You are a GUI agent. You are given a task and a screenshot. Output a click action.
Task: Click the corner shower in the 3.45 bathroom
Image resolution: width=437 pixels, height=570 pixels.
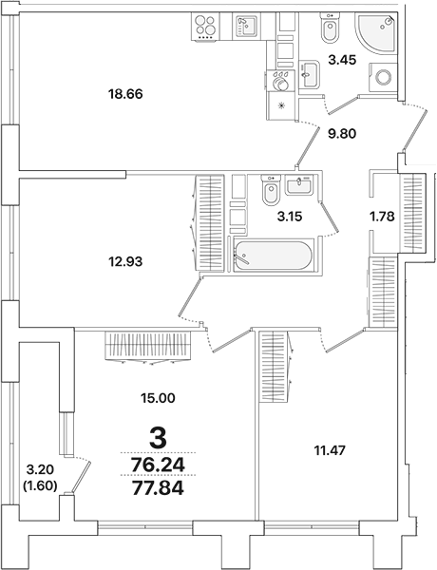pos(378,36)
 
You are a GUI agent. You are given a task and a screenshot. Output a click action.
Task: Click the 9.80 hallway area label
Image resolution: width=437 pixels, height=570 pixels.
pos(343,135)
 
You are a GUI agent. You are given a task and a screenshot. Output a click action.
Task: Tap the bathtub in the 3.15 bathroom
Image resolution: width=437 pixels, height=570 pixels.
pos(271,256)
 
